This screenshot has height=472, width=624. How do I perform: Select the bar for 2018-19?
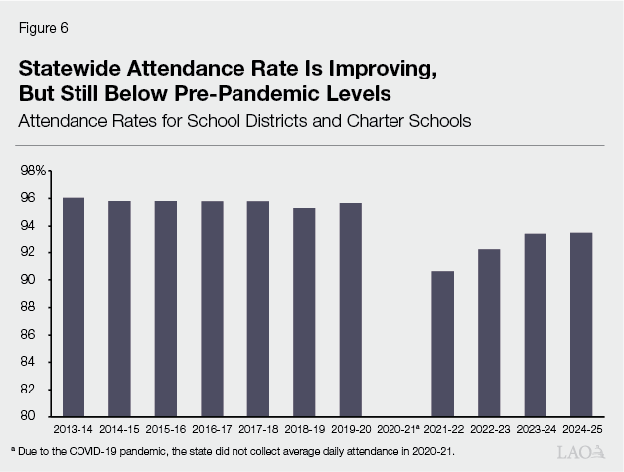tap(304, 312)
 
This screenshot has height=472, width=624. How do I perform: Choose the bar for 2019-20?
tap(351, 309)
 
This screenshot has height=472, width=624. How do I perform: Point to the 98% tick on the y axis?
tap(33, 171)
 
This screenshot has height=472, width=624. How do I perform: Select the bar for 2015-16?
tap(165, 308)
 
